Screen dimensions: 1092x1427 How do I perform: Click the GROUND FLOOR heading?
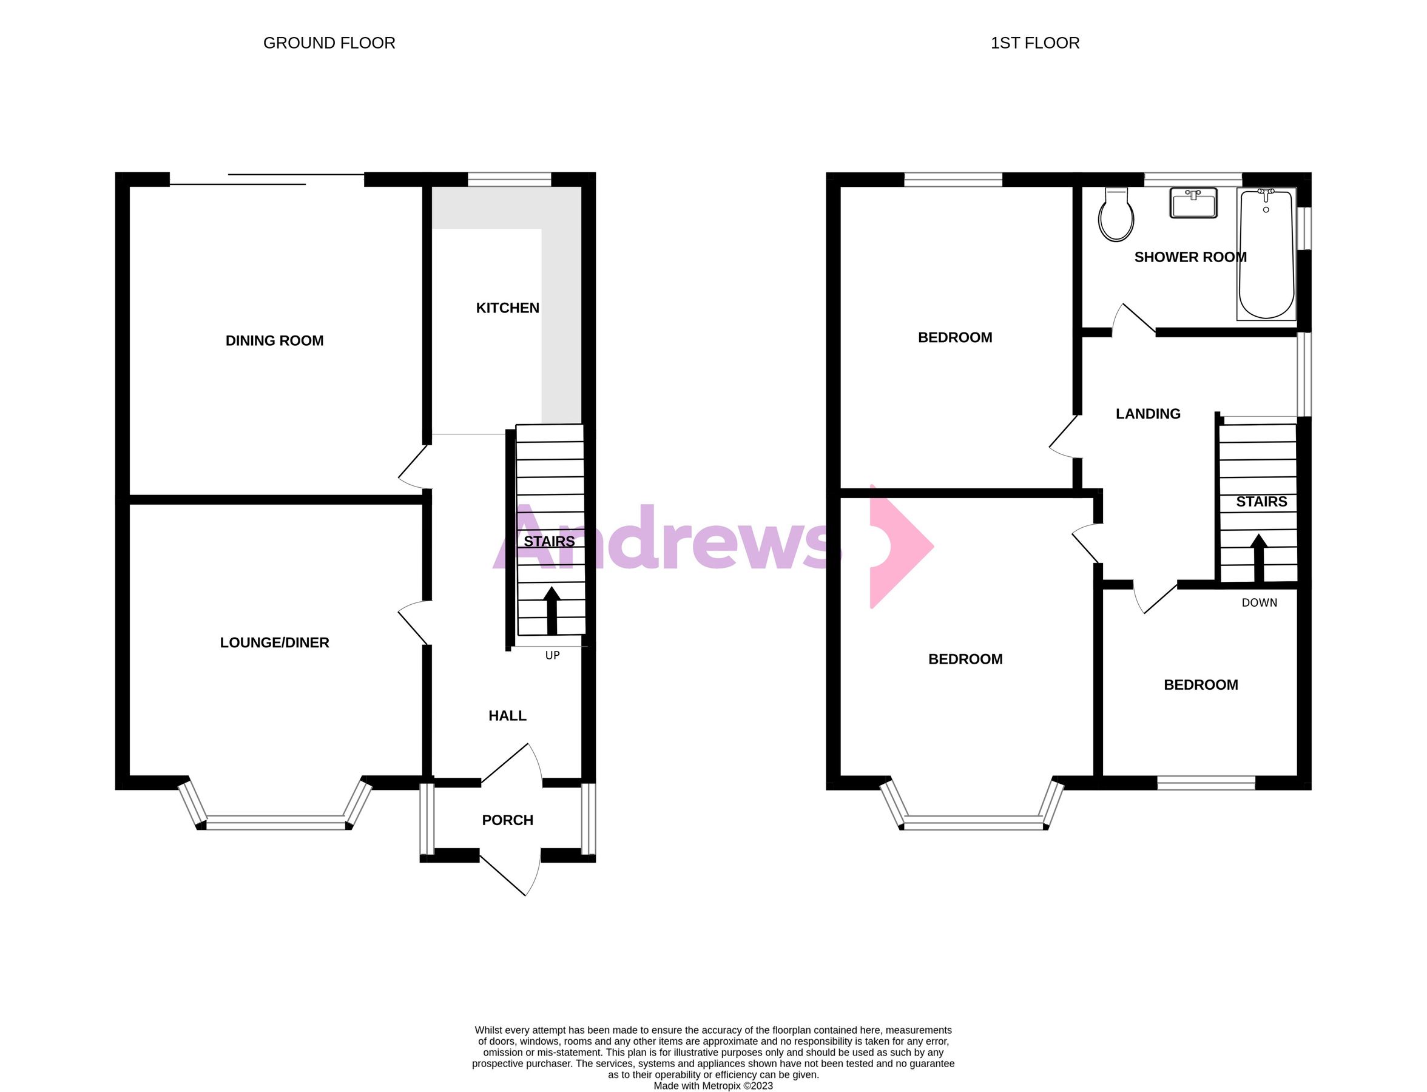tap(329, 43)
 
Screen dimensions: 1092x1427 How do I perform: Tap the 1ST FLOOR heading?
tap(1034, 43)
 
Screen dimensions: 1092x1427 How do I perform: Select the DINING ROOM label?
tap(274, 340)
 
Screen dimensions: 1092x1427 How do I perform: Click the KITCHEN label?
tap(507, 308)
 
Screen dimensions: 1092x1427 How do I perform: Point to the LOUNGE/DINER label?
tap(274, 643)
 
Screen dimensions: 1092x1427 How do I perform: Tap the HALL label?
tap(507, 716)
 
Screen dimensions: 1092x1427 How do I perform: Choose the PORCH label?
tap(507, 820)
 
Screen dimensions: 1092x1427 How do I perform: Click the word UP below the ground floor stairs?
tap(552, 655)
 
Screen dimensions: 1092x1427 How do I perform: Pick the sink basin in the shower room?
tap(1193, 203)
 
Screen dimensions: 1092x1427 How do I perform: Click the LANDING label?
tap(1147, 414)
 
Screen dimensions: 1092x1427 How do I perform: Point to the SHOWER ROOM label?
tap(1190, 257)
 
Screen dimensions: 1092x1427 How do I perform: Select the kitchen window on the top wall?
tap(509, 179)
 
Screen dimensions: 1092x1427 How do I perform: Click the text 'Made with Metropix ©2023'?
tap(713, 1085)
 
